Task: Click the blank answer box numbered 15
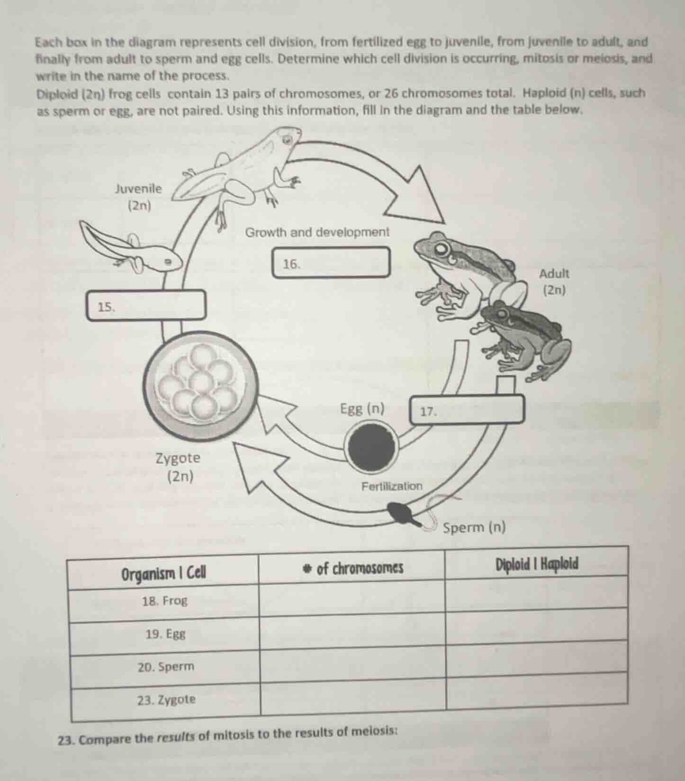click(x=147, y=306)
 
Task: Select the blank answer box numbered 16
click(x=332, y=262)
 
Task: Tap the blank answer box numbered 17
click(x=467, y=409)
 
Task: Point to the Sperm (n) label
click(x=474, y=527)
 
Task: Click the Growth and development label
click(x=317, y=232)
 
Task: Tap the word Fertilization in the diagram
click(x=391, y=486)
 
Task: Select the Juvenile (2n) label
click(x=138, y=197)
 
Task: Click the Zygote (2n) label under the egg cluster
click(x=179, y=467)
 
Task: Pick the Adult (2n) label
click(x=554, y=281)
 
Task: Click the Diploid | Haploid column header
click(x=537, y=564)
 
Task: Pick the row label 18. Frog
click(x=164, y=601)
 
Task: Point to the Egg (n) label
click(x=362, y=408)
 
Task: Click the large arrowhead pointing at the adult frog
click(x=417, y=199)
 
